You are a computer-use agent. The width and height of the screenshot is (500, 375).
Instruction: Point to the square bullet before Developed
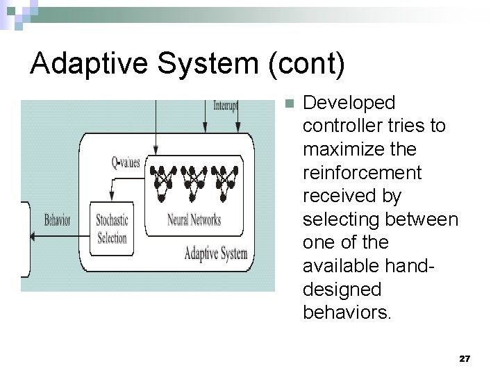[x=290, y=103]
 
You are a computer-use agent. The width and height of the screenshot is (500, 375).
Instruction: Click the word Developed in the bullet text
[x=349, y=103]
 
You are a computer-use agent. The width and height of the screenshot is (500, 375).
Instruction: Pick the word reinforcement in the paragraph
[x=362, y=172]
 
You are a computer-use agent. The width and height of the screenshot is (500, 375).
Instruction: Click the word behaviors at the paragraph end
[x=347, y=312]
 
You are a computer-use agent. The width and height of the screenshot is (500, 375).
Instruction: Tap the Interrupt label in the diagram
[x=226, y=106]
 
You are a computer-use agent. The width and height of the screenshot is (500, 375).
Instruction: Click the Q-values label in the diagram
[x=126, y=163]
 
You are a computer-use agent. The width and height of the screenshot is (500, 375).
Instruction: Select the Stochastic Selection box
[x=112, y=229]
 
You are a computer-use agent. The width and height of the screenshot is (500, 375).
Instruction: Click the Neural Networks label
[x=194, y=220]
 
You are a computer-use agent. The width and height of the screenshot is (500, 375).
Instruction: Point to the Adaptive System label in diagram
[x=215, y=253]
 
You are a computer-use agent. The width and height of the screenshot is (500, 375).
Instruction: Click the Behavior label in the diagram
[x=58, y=221]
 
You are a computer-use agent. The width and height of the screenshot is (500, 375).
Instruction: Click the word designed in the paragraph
[x=342, y=289]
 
